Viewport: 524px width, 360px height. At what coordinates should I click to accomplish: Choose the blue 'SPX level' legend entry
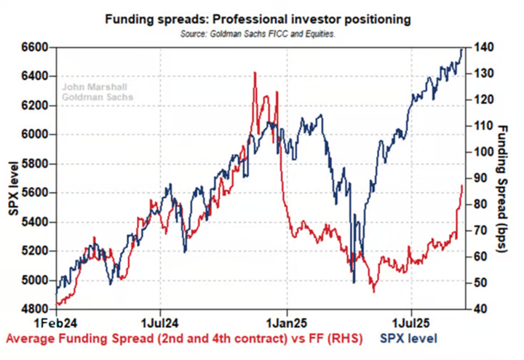point(408,339)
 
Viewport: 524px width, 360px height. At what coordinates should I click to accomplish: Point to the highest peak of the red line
point(254,73)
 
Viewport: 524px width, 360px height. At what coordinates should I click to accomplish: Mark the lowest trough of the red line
point(373,292)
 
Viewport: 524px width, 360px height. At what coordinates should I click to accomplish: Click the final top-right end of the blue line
point(463,49)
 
